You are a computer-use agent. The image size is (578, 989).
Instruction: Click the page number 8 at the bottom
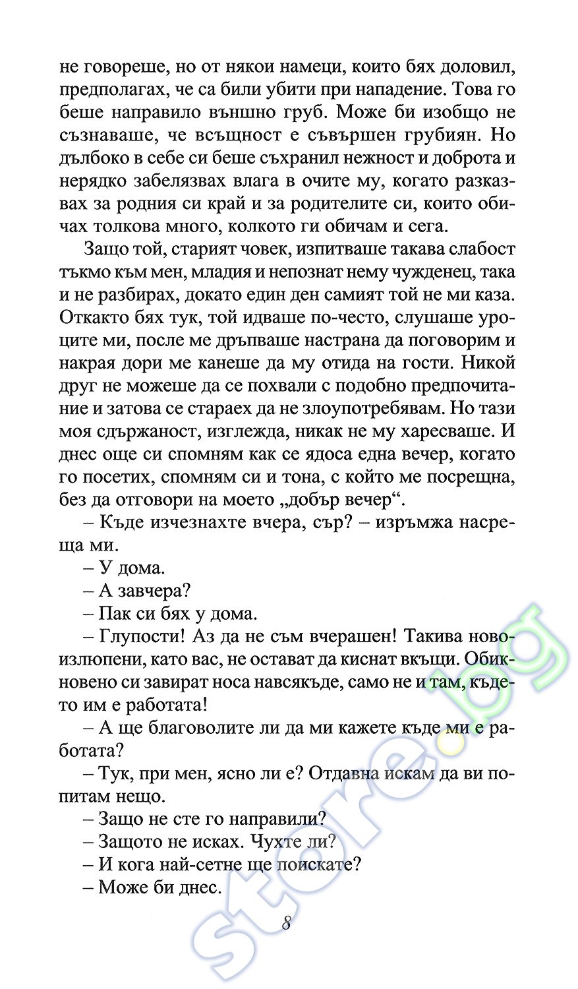coord(287,922)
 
